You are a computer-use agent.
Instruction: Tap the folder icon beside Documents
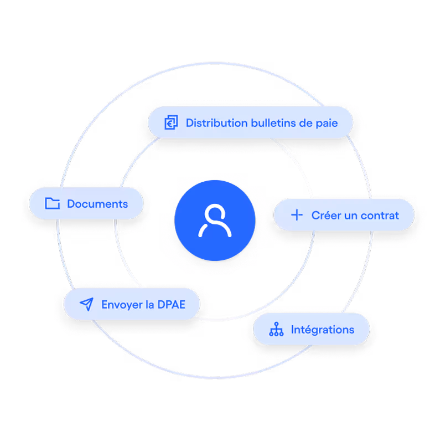(x=52, y=204)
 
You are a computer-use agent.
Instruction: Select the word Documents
(x=97, y=204)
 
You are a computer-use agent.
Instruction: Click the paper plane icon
(x=86, y=304)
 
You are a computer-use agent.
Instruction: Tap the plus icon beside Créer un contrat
(x=297, y=215)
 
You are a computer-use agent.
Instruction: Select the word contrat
(x=380, y=215)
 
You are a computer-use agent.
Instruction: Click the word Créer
(x=326, y=215)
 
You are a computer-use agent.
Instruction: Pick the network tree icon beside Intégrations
(x=276, y=330)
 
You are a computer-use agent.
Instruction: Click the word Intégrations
(x=323, y=330)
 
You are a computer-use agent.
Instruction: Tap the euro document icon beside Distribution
(x=172, y=122)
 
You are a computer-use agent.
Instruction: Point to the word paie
(x=327, y=122)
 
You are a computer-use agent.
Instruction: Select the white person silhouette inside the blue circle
(x=215, y=221)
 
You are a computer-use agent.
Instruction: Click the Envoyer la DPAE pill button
(x=131, y=304)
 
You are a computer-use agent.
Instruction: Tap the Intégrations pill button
(x=312, y=330)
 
